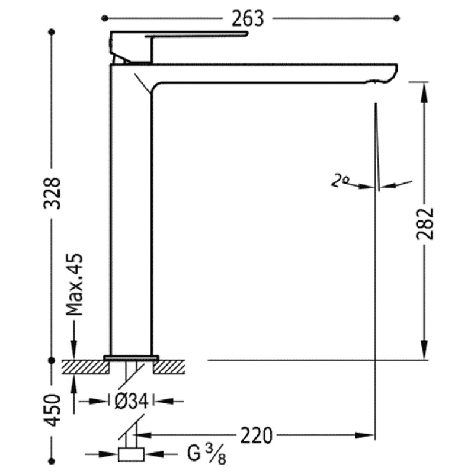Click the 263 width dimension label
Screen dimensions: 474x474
point(248,18)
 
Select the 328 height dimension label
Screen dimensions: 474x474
point(52,193)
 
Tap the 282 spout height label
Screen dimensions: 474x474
point(425,224)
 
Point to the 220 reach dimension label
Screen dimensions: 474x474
point(257,435)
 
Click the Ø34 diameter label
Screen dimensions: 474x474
point(132,402)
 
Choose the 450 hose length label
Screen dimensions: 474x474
point(52,410)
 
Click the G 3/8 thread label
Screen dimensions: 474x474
point(207,454)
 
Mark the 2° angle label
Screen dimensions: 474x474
point(340,181)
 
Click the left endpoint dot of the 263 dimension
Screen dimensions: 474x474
point(105,18)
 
